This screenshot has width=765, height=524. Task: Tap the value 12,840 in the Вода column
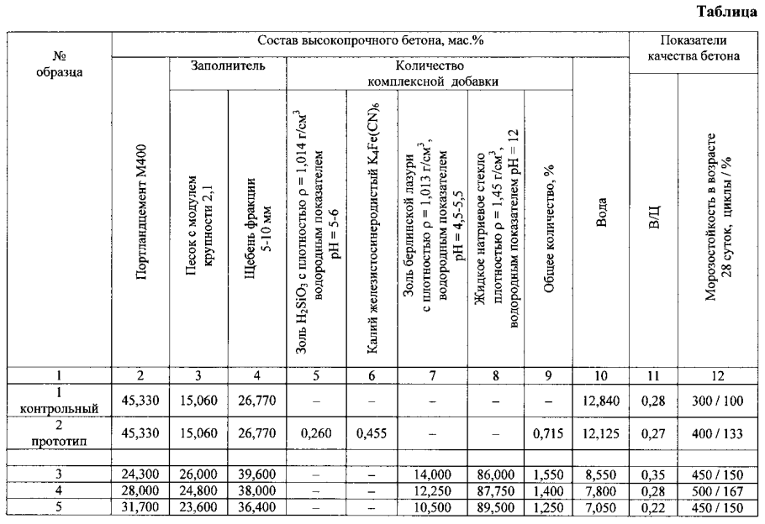coord(601,400)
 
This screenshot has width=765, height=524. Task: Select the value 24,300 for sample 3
coord(140,474)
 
